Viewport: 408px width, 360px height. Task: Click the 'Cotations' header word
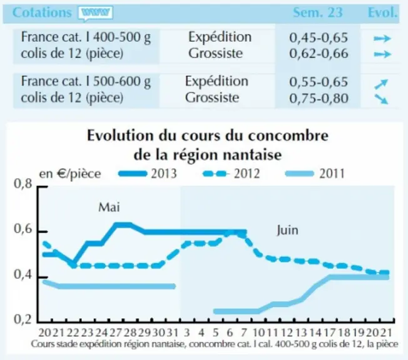tap(42, 12)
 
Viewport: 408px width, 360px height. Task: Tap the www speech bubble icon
tap(95, 13)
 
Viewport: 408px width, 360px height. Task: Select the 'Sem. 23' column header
tap(318, 12)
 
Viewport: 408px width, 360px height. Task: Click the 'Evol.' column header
tap(382, 12)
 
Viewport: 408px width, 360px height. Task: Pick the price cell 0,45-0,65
tap(319, 37)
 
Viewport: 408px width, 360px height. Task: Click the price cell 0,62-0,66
tap(319, 54)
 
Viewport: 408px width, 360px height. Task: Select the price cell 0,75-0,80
tap(319, 98)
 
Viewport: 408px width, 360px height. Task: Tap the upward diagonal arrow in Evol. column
tap(381, 84)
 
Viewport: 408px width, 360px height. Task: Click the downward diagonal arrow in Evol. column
tap(381, 99)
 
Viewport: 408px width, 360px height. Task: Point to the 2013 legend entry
tap(148, 174)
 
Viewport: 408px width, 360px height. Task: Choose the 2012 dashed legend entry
tap(232, 174)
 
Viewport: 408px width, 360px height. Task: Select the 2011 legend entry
tap(315, 174)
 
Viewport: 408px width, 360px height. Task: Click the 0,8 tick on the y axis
tap(23, 184)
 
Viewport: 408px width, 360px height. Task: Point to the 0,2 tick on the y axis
tap(23, 319)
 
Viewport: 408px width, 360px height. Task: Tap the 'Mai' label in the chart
tap(109, 207)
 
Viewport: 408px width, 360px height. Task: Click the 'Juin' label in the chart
tap(287, 230)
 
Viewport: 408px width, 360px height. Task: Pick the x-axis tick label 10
tap(258, 332)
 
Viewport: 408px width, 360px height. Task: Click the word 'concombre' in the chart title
tap(288, 136)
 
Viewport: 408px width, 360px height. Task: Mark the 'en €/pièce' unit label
tap(69, 174)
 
